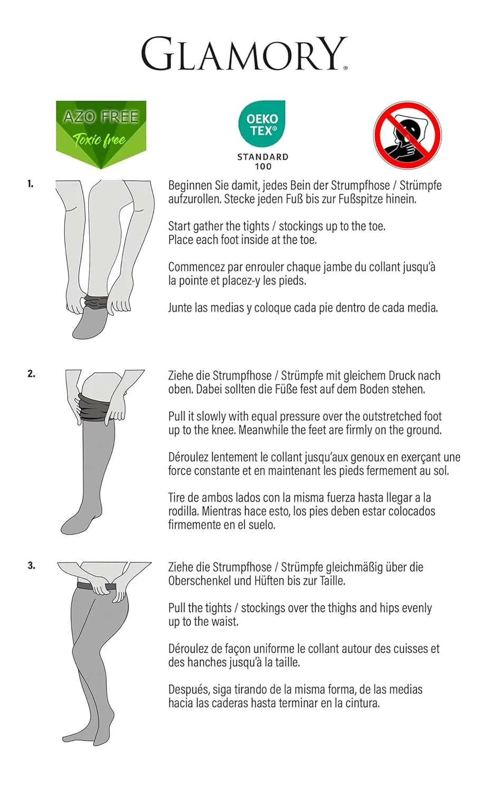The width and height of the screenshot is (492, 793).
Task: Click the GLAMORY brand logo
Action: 244,53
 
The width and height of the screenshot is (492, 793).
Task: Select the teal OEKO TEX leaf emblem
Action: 262,123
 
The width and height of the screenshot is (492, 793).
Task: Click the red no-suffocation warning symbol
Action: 407,134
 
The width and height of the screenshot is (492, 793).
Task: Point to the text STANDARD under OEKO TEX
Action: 262,157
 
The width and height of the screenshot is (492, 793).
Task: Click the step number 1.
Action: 31,184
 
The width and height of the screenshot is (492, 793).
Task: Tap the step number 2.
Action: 32,374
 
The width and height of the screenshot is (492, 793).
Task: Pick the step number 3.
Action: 32,566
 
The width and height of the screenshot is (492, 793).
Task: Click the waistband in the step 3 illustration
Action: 96,586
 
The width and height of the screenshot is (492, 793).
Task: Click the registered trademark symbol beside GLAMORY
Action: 345,68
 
